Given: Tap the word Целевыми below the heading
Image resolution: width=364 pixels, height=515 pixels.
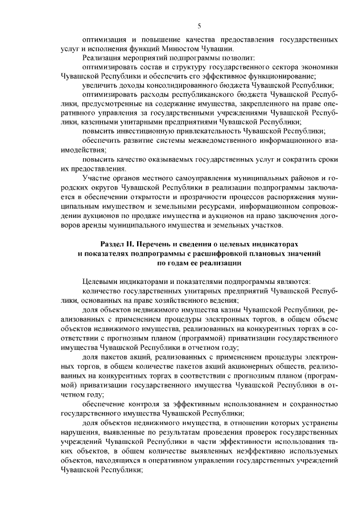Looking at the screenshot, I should pyautogui.click(x=101, y=282).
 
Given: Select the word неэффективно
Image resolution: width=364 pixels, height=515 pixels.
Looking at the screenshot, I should pyautogui.click(x=251, y=451).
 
